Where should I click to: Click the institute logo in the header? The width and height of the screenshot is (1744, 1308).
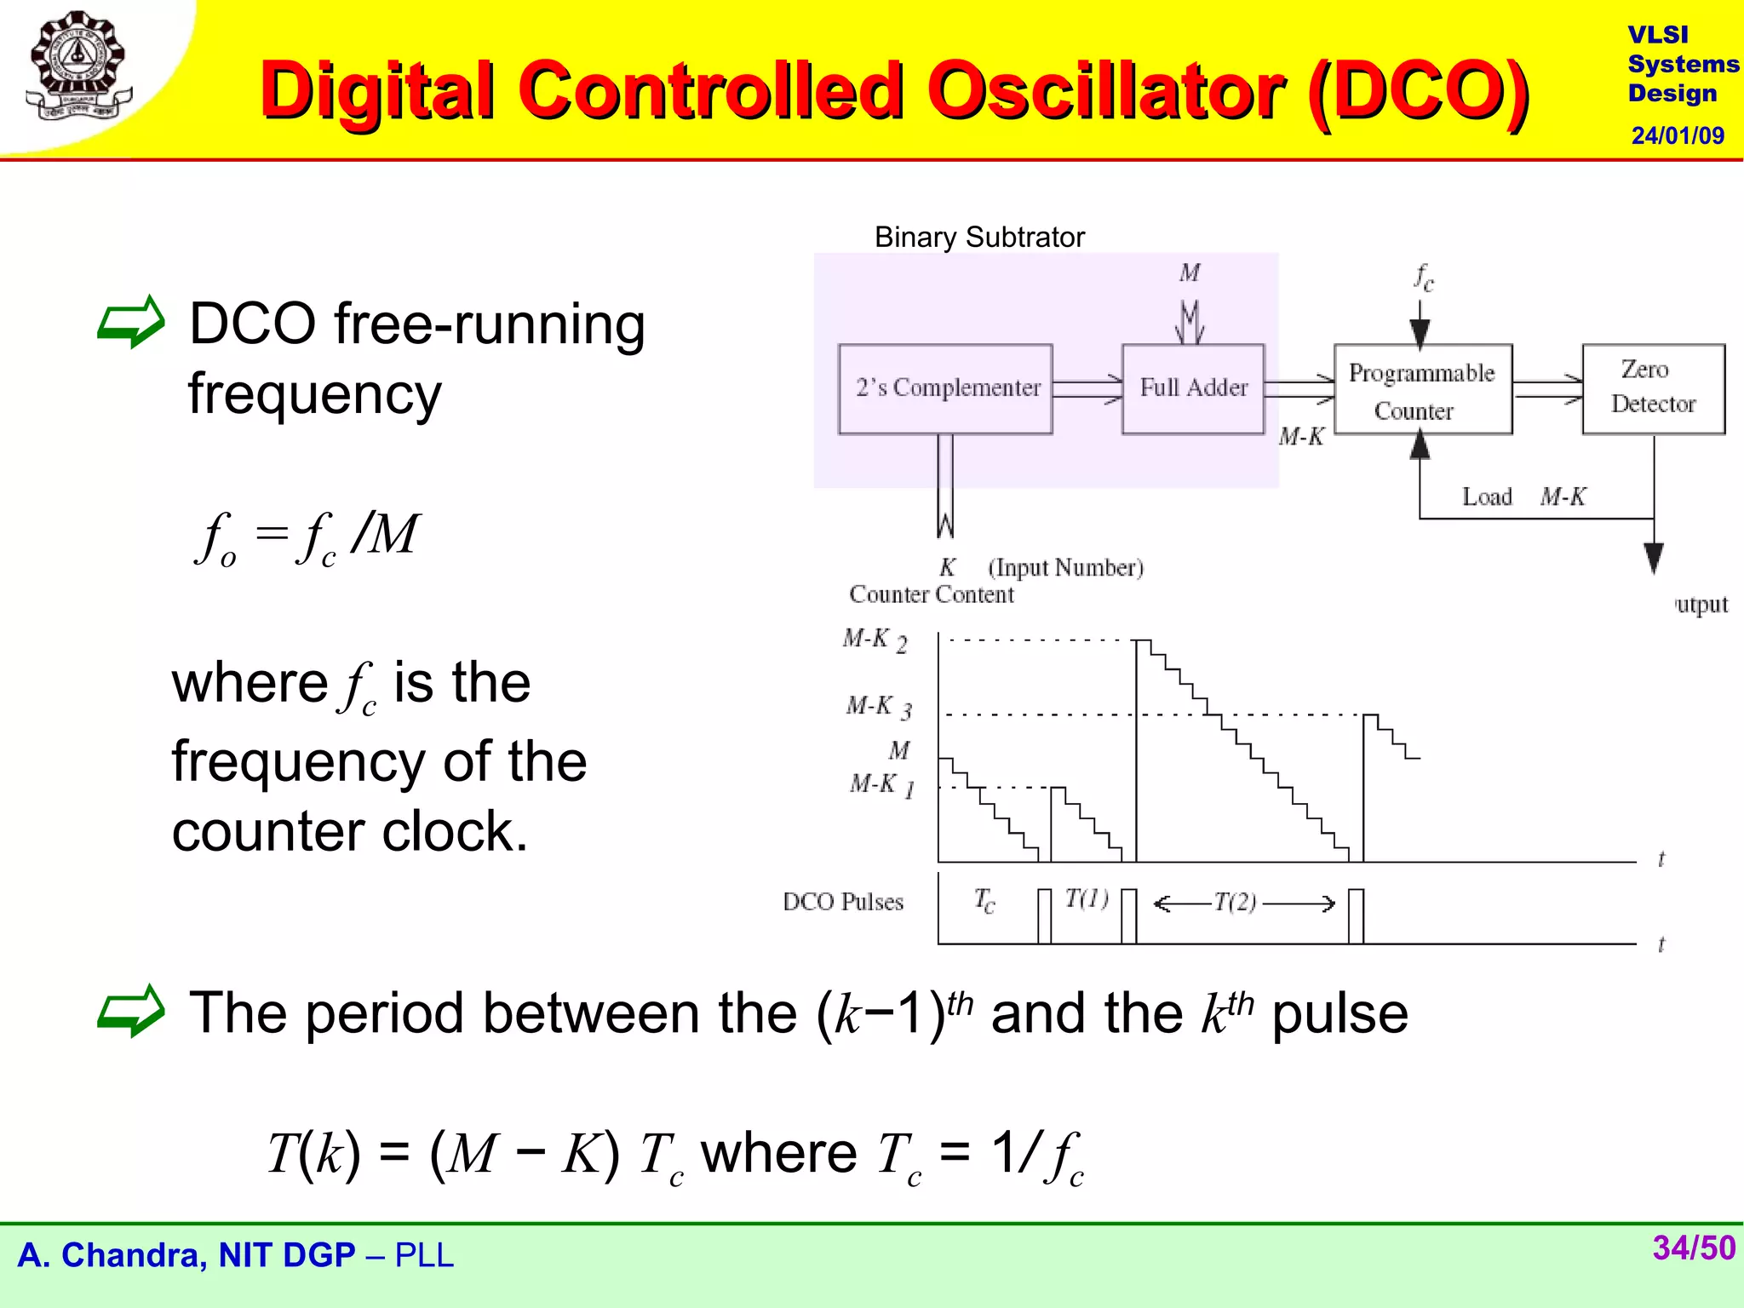[78, 66]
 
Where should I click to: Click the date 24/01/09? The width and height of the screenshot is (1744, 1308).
[1677, 135]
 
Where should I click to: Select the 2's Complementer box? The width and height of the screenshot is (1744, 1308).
[945, 389]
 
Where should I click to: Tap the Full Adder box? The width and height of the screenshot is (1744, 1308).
[1193, 389]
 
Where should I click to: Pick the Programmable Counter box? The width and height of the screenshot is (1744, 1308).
[1422, 391]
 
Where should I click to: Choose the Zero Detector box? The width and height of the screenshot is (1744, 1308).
[1653, 388]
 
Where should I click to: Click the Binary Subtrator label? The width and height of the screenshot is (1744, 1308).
[979, 237]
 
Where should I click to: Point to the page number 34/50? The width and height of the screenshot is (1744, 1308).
[1693, 1248]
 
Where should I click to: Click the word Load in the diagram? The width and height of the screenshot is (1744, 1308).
[1487, 496]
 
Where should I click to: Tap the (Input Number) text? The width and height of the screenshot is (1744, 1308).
[1065, 567]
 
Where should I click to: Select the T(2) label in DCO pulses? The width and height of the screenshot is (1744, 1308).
[1235, 902]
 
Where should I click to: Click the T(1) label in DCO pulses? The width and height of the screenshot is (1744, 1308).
[1087, 898]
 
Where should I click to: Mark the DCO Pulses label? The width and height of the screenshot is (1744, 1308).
[842, 902]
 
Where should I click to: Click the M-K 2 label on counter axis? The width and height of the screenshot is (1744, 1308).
[875, 640]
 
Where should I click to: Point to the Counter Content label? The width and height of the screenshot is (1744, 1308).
[932, 594]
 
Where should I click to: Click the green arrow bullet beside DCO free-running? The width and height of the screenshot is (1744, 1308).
[130, 323]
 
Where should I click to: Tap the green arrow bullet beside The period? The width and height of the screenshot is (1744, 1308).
[130, 1012]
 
